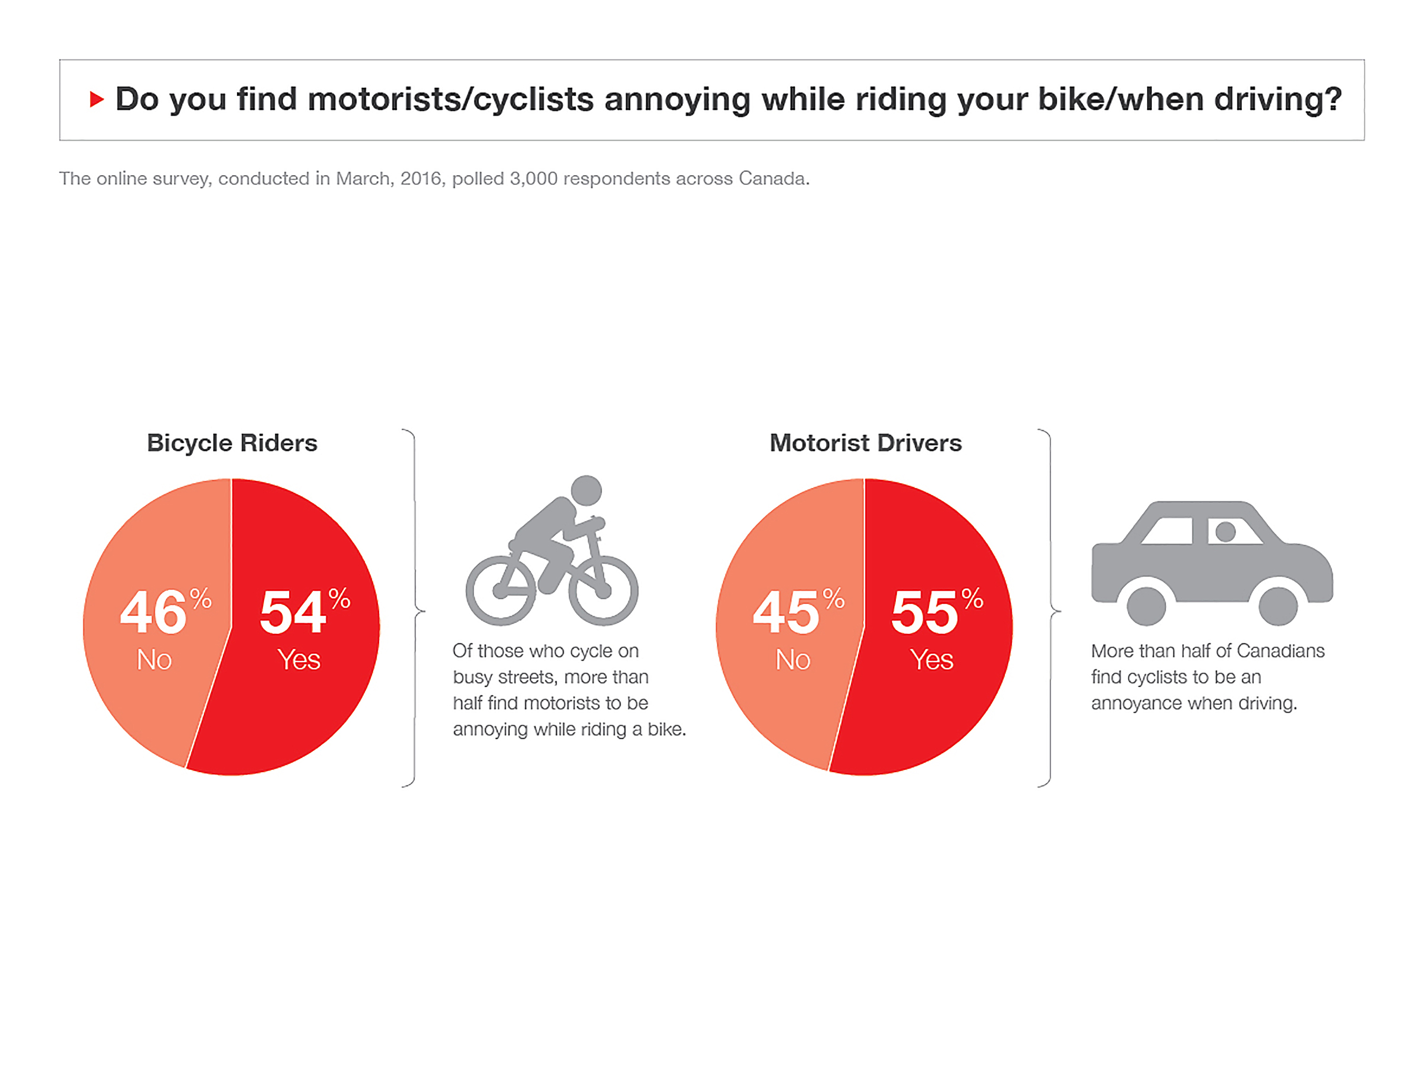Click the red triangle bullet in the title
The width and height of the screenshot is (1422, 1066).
coord(97,99)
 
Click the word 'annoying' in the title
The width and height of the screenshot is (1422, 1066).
coord(677,99)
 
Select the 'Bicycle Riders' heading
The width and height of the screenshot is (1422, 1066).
coord(232,443)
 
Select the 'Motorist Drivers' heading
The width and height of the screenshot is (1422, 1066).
coord(865,443)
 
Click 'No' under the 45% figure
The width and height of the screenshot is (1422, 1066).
coord(793,660)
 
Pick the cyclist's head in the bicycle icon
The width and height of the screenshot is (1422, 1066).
coord(586,491)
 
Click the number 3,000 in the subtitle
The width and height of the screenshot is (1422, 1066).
coord(534,178)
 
